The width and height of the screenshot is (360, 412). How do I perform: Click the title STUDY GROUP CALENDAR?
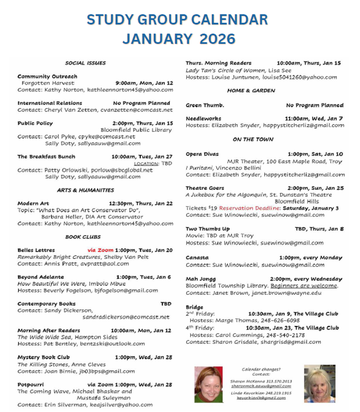(177, 19)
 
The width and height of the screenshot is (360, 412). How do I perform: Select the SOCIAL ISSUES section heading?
(85, 62)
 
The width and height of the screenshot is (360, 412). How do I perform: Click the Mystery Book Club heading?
(43, 358)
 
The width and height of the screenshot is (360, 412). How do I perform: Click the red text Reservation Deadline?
(250, 208)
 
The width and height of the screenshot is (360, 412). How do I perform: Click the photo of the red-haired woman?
(208, 384)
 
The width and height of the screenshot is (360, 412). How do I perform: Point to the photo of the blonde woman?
(320, 384)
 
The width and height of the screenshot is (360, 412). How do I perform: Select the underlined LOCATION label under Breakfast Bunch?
(144, 163)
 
